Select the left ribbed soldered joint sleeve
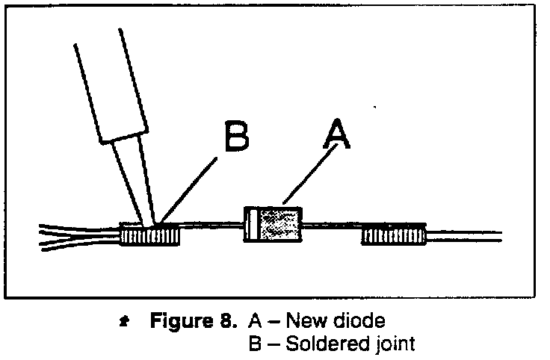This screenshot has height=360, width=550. (x=151, y=237)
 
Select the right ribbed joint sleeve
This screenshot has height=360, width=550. (x=393, y=237)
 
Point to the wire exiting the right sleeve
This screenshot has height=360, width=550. (x=463, y=237)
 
